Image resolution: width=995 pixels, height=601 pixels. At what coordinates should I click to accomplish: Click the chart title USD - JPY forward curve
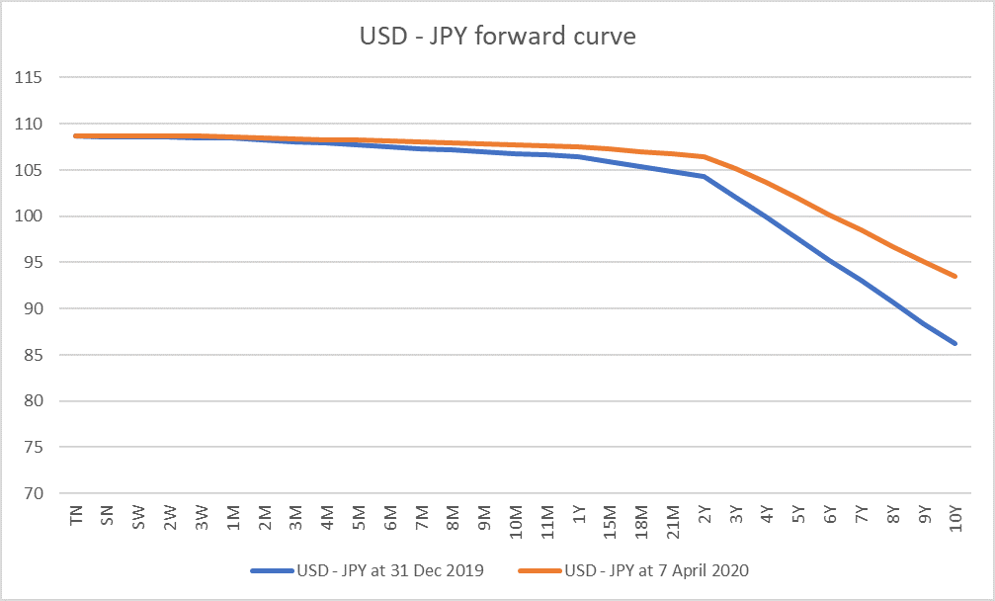497,38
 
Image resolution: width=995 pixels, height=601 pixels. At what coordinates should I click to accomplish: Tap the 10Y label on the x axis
955,519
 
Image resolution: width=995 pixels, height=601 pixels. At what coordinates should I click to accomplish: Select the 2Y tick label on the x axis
705,517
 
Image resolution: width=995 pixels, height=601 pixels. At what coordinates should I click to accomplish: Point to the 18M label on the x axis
641,520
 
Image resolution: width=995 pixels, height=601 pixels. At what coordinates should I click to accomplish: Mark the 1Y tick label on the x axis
579,517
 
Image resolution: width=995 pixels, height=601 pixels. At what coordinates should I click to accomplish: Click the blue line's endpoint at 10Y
955,343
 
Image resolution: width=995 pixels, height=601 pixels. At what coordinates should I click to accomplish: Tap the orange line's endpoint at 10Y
955,277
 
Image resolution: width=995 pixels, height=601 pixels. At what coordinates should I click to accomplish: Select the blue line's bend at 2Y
705,177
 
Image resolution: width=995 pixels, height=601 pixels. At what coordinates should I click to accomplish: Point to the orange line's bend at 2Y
705,156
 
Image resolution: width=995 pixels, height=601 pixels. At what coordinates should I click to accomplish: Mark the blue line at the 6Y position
830,262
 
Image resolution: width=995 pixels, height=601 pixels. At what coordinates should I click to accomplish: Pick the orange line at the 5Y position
798,198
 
